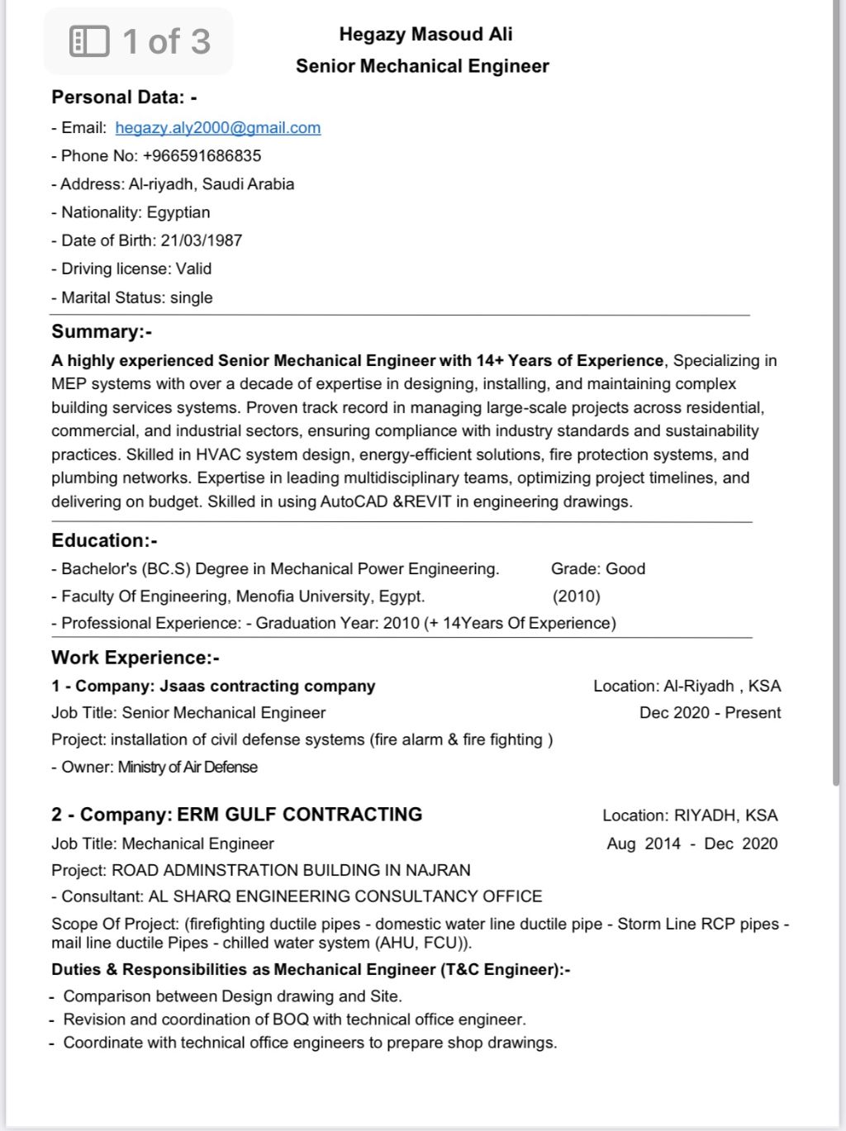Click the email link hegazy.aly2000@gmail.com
[x=218, y=128]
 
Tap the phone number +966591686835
[x=202, y=156]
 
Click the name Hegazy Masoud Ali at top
[x=425, y=35]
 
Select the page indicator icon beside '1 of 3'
[x=89, y=41]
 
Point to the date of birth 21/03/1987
[x=202, y=240]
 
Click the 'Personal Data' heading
[x=124, y=97]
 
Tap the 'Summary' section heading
[x=102, y=332]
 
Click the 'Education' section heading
[x=104, y=540]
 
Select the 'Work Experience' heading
[x=135, y=658]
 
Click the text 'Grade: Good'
[x=598, y=569]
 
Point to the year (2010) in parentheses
[x=577, y=596]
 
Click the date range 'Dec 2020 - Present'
[x=710, y=713]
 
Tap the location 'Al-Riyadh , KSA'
[x=722, y=687]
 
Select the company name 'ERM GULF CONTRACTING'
[x=300, y=815]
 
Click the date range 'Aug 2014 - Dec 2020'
[x=692, y=843]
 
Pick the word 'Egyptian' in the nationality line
[x=178, y=212]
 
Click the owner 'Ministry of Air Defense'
[x=188, y=767]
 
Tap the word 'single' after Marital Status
[x=192, y=298]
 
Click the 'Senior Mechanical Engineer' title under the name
[x=422, y=66]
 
